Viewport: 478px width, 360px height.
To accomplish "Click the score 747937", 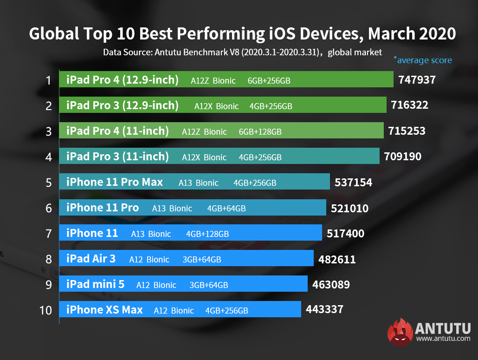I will point(417,80).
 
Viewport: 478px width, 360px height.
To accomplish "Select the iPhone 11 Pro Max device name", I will point(115,182).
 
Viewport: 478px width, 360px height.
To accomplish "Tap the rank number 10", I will point(45,310).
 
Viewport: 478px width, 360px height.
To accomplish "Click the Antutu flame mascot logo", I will point(400,332).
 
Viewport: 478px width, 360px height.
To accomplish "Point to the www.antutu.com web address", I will point(443,339).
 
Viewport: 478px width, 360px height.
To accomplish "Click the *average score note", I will point(422,60).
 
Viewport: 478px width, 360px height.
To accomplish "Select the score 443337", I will point(324,309).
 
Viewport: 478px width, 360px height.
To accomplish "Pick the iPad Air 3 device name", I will point(91,259).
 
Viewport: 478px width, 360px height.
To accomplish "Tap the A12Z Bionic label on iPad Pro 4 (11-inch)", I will point(204,132).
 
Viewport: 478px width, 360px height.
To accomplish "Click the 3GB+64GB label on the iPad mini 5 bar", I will point(209,285).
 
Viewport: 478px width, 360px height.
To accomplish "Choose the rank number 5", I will point(48,182).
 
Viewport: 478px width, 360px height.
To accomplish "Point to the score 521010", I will point(349,209).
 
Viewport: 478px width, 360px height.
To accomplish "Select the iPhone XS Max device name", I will point(104,310).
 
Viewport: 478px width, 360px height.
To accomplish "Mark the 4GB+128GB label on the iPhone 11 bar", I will point(207,234).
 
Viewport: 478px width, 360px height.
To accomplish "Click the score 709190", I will point(402,157).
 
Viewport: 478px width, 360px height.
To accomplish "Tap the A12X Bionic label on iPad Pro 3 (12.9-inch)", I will point(217,106).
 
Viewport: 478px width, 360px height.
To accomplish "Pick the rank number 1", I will point(48,80).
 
